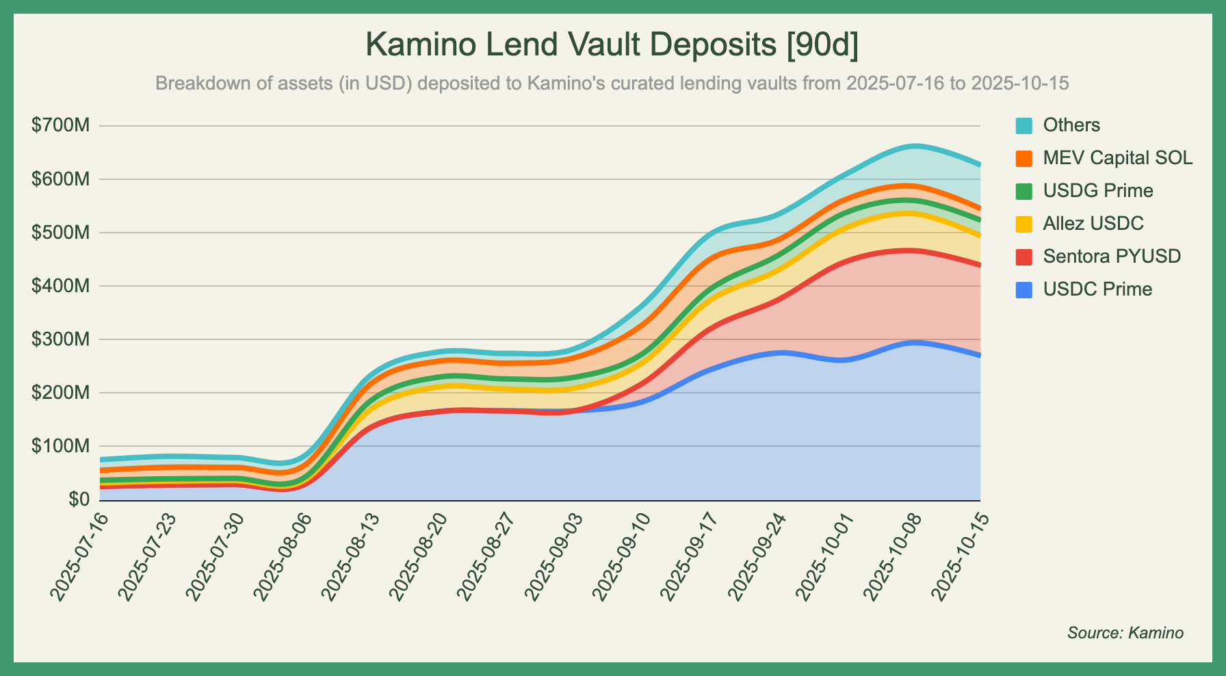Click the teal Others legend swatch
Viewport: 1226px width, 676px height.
(1023, 125)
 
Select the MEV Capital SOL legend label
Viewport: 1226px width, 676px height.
(1117, 158)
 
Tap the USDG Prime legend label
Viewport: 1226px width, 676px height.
(1097, 191)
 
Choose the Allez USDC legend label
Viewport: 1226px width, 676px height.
(1093, 224)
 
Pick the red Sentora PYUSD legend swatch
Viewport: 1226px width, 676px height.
(1023, 257)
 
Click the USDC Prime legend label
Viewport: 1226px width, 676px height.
(1097, 289)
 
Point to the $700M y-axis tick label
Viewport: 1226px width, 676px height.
(60, 126)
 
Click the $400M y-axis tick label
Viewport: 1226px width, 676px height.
(60, 286)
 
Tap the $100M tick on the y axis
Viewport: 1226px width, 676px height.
(60, 446)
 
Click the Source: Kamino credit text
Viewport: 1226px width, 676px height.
(1125, 633)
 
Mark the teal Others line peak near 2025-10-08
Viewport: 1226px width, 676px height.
(915, 146)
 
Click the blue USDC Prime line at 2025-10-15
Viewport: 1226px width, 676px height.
(980, 355)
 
